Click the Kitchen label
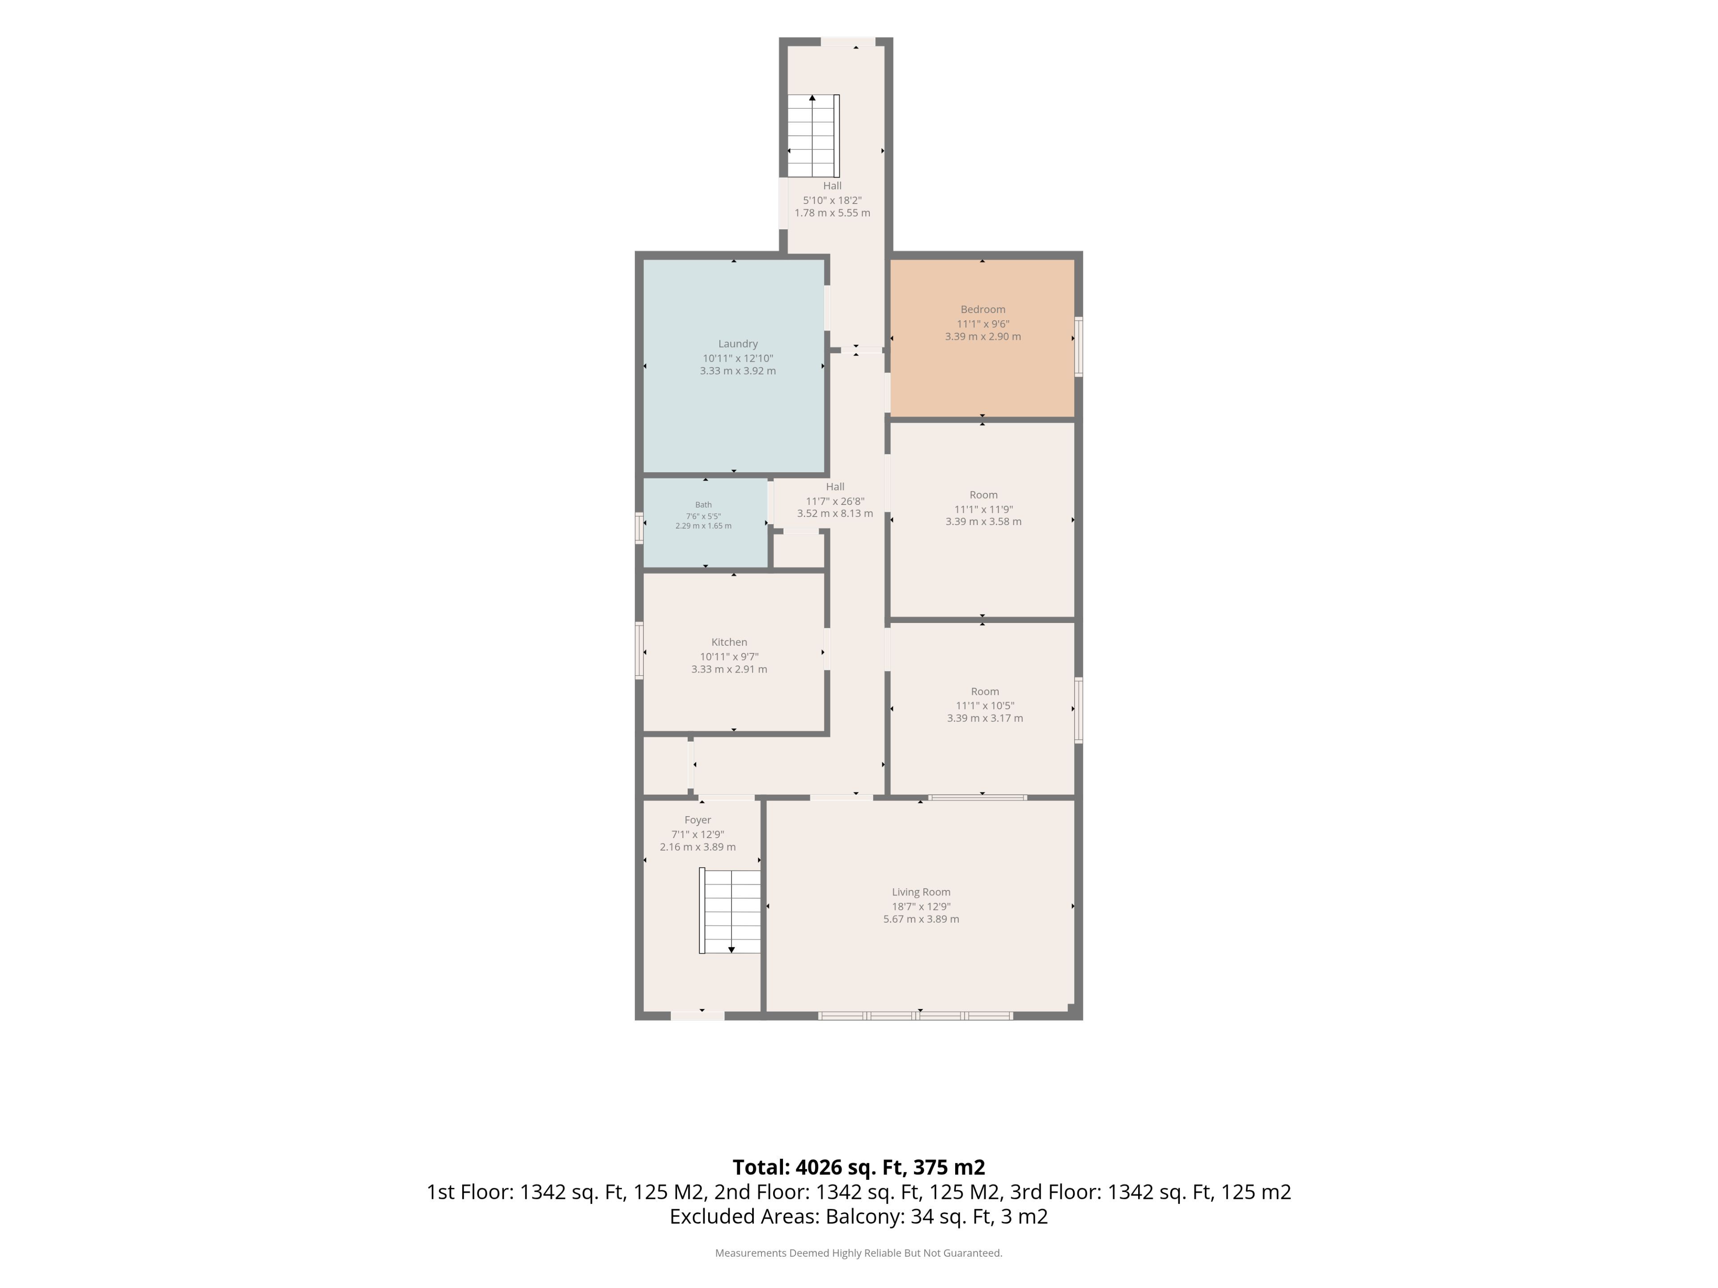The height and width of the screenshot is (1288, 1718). coord(729,642)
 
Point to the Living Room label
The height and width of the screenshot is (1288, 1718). coord(921,892)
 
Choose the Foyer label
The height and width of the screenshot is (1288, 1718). coord(697,820)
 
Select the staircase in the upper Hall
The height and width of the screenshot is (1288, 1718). coord(813,136)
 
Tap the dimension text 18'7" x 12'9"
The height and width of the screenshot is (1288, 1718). coord(921,906)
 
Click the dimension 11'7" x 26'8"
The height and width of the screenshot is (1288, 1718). coord(835,501)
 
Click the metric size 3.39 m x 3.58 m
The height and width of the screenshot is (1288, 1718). coord(983,522)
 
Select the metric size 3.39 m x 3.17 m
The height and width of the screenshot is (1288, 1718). coord(985,718)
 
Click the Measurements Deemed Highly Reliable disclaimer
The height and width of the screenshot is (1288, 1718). coord(858,1253)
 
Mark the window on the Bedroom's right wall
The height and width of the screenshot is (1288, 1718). coord(1079,347)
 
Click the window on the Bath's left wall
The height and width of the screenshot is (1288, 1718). coord(639,528)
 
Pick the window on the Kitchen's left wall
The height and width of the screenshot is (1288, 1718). coord(639,651)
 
